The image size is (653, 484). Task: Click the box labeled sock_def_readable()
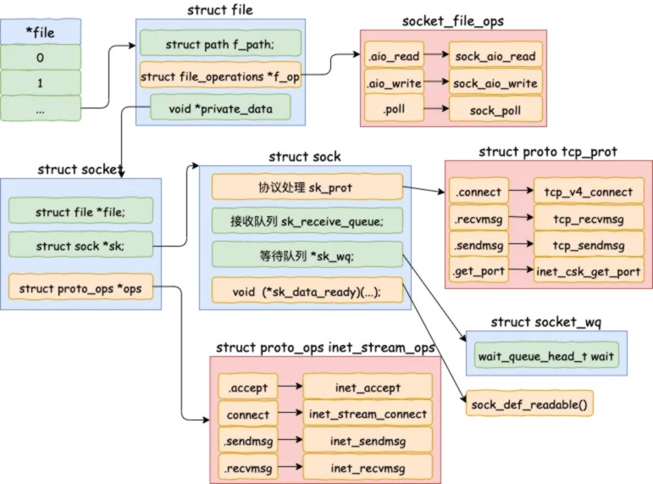pyautogui.click(x=529, y=403)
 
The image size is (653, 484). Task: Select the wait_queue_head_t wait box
pyautogui.click(x=546, y=356)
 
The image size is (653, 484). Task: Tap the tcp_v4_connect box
pyautogui.click(x=589, y=192)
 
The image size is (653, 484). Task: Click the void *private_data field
pyautogui.click(x=220, y=108)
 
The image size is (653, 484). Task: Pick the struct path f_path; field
pyautogui.click(x=220, y=43)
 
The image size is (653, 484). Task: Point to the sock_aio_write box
pyautogui.click(x=495, y=83)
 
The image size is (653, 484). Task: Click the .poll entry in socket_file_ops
pyautogui.click(x=394, y=108)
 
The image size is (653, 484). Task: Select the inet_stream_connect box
pyautogui.click(x=368, y=413)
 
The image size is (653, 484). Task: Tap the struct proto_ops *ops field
pyautogui.click(x=80, y=287)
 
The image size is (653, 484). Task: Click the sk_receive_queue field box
pyautogui.click(x=307, y=220)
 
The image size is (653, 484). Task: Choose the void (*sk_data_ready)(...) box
pyautogui.click(x=307, y=291)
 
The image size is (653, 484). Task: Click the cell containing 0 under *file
pyautogui.click(x=41, y=57)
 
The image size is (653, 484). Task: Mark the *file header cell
pyautogui.click(x=41, y=31)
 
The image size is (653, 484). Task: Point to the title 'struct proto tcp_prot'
pyautogui.click(x=548, y=152)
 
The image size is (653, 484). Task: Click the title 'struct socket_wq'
pyautogui.click(x=546, y=322)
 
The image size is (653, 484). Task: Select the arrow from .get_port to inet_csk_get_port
pyautogui.click(x=521, y=270)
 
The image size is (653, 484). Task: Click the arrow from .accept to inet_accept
pyautogui.click(x=291, y=386)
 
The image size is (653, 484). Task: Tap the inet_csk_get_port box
pyautogui.click(x=589, y=270)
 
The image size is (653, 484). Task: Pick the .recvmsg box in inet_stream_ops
pyautogui.click(x=248, y=467)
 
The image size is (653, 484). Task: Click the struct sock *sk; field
pyautogui.click(x=80, y=245)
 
